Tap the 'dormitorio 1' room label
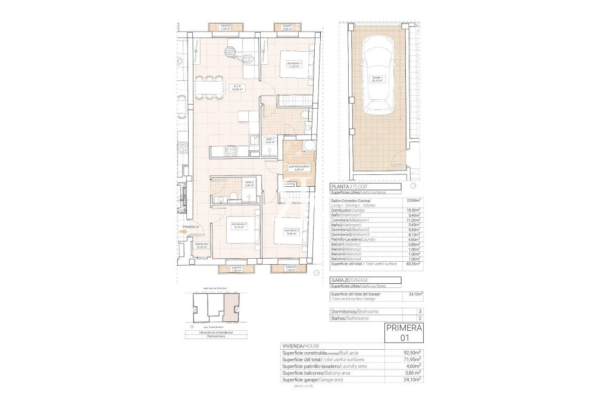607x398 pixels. click(295, 65)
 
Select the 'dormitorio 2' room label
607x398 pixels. click(290, 231)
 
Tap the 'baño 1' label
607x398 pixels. click(270, 140)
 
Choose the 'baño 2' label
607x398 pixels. click(249, 183)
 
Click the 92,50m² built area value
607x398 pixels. click(412, 352)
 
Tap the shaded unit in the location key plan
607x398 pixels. click(229, 308)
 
